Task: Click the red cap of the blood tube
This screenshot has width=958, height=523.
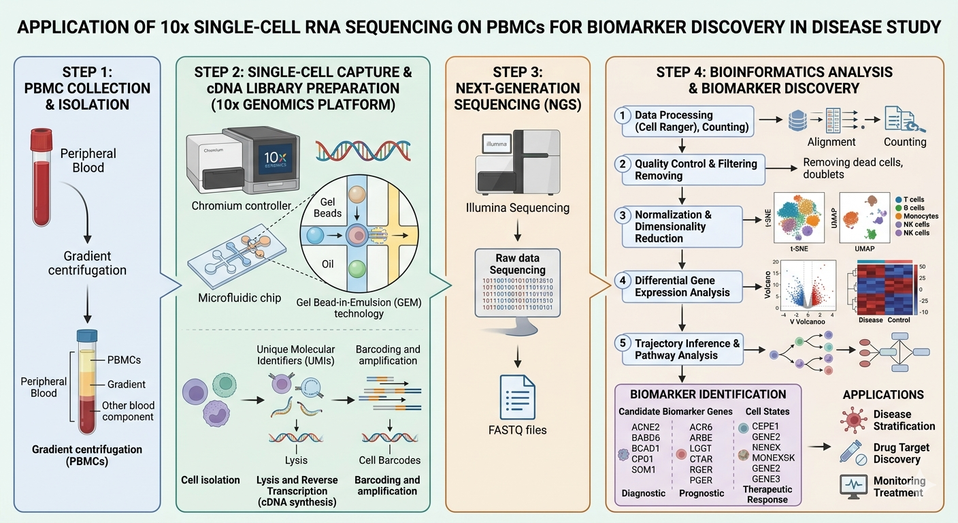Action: (41, 139)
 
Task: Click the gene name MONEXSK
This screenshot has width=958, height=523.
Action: (773, 458)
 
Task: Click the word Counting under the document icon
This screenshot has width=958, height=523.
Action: (904, 142)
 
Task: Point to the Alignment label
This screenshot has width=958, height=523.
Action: (831, 142)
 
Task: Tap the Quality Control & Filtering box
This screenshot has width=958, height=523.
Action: (691, 169)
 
